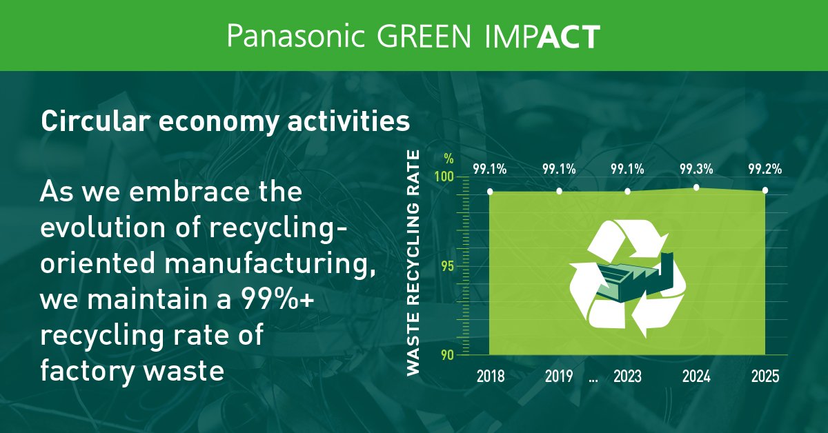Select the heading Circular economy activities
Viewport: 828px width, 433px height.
pyautogui.click(x=225, y=121)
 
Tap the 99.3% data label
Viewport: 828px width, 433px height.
pyautogui.click(x=696, y=168)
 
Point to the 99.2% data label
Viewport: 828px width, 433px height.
pyautogui.click(x=765, y=168)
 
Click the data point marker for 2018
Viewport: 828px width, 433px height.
pyautogui.click(x=490, y=192)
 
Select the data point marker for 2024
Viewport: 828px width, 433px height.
pyautogui.click(x=696, y=188)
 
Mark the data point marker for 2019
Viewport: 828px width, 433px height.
pyautogui.click(x=559, y=191)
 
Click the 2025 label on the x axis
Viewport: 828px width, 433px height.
pyautogui.click(x=765, y=376)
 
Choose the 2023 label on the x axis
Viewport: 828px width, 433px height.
pyautogui.click(x=627, y=376)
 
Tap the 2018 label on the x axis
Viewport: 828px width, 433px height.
pyautogui.click(x=490, y=376)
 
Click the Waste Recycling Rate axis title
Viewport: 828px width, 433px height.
pyautogui.click(x=413, y=262)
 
